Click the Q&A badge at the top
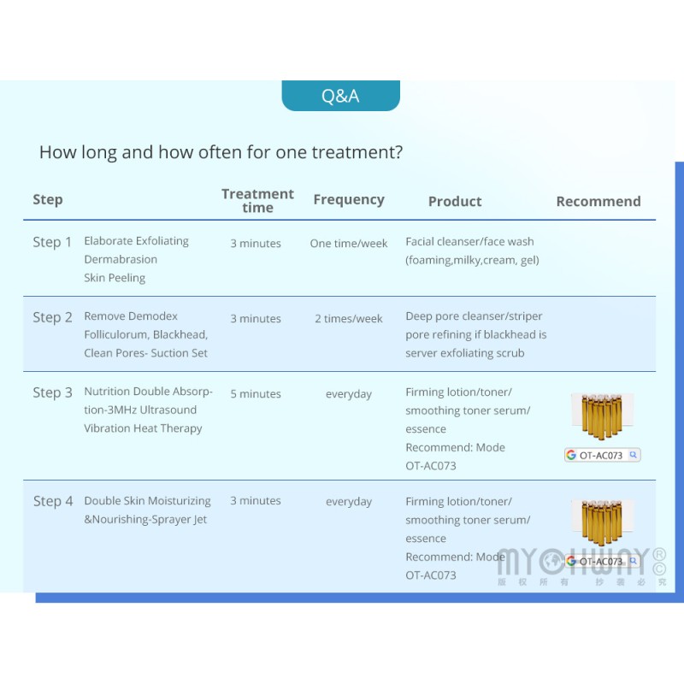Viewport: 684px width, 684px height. tap(340, 96)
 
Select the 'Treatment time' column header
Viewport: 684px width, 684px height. tap(258, 201)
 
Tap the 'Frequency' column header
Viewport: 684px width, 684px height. tap(349, 200)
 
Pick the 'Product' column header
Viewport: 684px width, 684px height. tap(455, 202)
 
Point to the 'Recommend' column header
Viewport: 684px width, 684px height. tap(598, 202)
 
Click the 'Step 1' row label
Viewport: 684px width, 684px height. tap(52, 242)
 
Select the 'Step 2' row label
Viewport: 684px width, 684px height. tap(52, 317)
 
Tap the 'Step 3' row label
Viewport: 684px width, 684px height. tap(52, 392)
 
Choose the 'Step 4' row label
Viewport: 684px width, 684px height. tap(53, 501)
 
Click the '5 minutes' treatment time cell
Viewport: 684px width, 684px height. tap(256, 394)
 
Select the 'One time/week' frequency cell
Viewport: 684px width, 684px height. tap(349, 244)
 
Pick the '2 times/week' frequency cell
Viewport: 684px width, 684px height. tap(349, 319)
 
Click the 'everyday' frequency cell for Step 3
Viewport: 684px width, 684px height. tap(349, 394)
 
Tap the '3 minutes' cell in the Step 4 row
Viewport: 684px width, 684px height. tap(256, 501)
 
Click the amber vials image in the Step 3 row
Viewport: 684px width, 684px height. tap(602, 416)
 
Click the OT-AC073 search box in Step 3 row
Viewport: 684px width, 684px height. tap(603, 455)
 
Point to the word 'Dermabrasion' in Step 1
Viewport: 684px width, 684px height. tap(121, 260)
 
